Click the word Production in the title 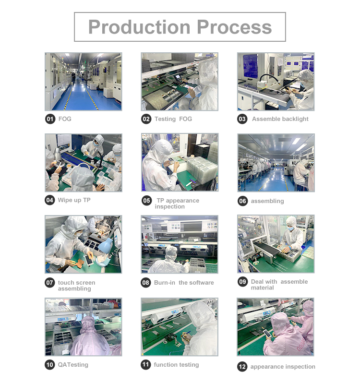[139, 27]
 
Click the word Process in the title [234, 27]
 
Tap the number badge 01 [50, 119]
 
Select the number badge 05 [147, 201]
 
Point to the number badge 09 [243, 282]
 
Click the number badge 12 [242, 367]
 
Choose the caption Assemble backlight [280, 119]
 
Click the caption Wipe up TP [74, 200]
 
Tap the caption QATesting [73, 365]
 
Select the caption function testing [176, 365]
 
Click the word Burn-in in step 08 [165, 283]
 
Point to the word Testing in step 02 [165, 119]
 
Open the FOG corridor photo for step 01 [83, 82]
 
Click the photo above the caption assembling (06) [276, 163]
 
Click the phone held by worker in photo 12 [266, 333]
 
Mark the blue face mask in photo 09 [291, 229]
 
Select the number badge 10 [50, 365]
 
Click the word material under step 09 [262, 288]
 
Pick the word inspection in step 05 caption [170, 207]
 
